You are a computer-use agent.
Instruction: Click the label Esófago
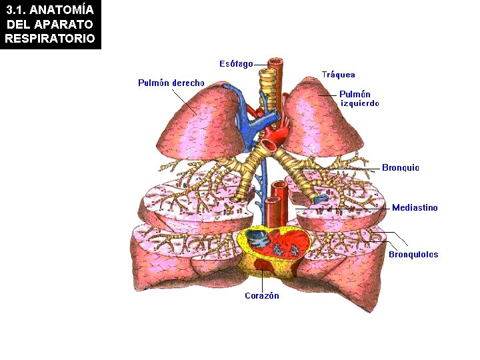(236, 64)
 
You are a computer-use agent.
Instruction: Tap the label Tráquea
(338, 75)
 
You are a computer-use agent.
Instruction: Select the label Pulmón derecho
(171, 83)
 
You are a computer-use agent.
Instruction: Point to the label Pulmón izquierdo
(359, 99)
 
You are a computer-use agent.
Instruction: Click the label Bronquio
(400, 168)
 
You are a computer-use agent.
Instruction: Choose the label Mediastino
(415, 208)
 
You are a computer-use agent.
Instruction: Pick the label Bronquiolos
(413, 254)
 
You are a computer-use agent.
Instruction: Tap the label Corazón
(261, 296)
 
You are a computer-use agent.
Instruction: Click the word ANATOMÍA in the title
(65, 10)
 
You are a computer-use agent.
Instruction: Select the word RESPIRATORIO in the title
(50, 38)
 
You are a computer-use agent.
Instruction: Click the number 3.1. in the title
(18, 10)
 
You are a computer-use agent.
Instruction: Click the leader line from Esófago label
(261, 65)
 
